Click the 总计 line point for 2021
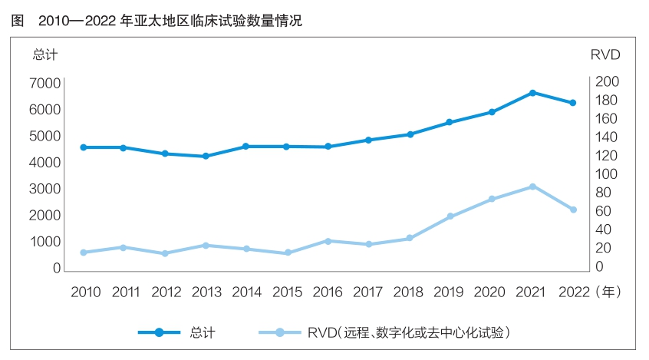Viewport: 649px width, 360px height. point(532,93)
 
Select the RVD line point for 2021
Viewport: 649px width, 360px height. point(532,187)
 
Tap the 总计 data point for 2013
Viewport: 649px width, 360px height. point(206,157)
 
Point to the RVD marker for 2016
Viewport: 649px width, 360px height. point(328,241)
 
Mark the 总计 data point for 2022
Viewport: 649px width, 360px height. point(572,103)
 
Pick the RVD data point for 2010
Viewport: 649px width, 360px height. point(83,253)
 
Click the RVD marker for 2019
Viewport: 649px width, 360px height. point(450,216)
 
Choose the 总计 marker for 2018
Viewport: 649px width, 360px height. point(410,134)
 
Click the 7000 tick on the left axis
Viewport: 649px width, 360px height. point(46,83)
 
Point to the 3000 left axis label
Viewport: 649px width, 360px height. point(46,189)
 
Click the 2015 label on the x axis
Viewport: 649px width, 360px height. point(287,292)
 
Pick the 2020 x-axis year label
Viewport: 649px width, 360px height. point(491,292)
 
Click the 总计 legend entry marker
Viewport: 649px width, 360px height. point(159,332)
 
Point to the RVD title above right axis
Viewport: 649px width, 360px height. point(605,54)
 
